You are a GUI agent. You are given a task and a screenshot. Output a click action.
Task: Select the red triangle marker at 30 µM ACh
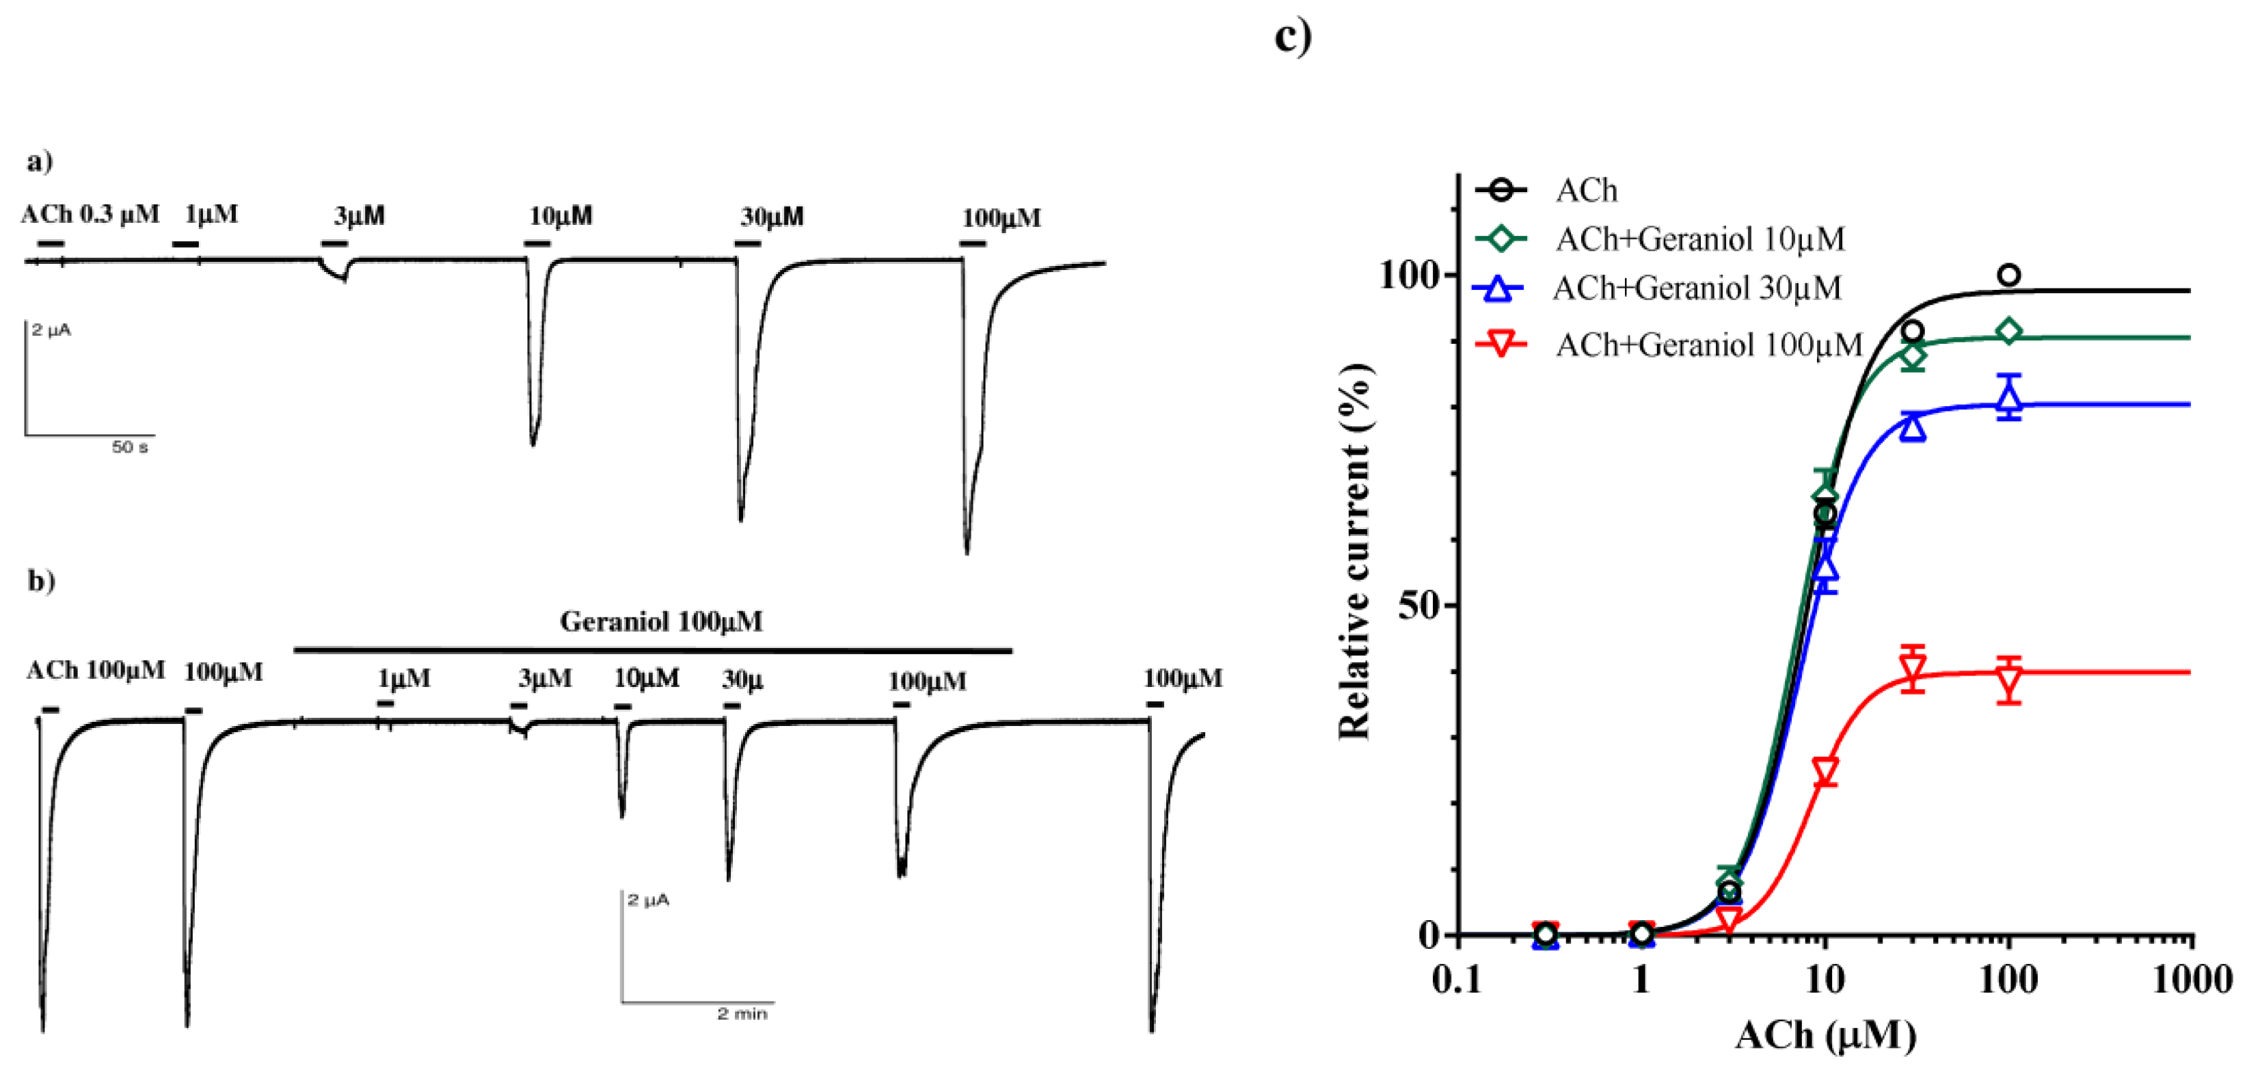[x=1913, y=670]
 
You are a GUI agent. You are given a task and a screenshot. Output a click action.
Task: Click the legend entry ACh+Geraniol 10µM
[x=1699, y=239]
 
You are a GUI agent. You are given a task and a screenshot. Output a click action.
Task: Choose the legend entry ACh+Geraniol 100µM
[x=1708, y=345]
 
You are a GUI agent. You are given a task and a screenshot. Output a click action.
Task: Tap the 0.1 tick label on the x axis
[x=1457, y=980]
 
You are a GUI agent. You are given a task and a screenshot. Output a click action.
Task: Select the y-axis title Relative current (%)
[x=1355, y=551]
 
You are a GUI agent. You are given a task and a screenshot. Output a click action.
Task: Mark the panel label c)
[x=1293, y=37]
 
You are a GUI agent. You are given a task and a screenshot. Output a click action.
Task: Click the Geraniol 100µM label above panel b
[x=660, y=621]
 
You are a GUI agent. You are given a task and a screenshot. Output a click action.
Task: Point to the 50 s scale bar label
[x=130, y=447]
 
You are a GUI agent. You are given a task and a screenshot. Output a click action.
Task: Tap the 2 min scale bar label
[x=742, y=1013]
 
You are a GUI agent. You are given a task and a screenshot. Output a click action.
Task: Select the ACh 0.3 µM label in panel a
[x=90, y=214]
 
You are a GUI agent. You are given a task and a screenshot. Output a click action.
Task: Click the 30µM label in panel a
[x=772, y=216]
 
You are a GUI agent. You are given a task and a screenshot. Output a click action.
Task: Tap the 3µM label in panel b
[x=546, y=678]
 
